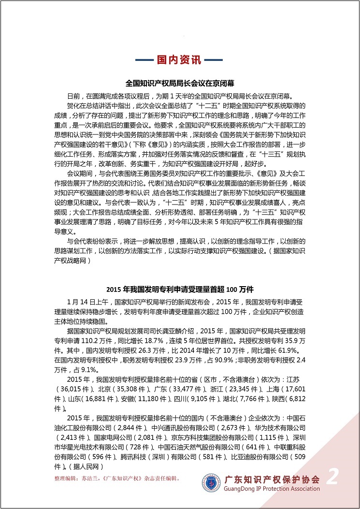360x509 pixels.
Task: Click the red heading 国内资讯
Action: tap(179, 60)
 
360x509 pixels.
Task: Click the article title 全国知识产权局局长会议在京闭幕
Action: tap(180, 83)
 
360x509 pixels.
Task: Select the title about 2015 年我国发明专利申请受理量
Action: tap(180, 290)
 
